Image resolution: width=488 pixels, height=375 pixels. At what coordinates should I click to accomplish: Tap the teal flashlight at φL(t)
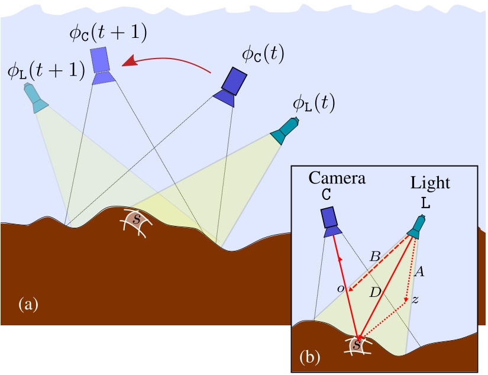click(x=285, y=131)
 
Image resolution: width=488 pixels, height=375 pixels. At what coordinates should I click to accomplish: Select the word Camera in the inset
click(x=337, y=179)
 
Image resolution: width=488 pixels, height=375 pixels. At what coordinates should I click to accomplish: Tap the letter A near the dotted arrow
click(x=419, y=272)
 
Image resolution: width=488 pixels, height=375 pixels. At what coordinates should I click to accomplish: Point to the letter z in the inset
click(x=415, y=300)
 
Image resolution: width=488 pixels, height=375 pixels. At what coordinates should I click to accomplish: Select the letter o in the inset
click(x=340, y=288)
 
